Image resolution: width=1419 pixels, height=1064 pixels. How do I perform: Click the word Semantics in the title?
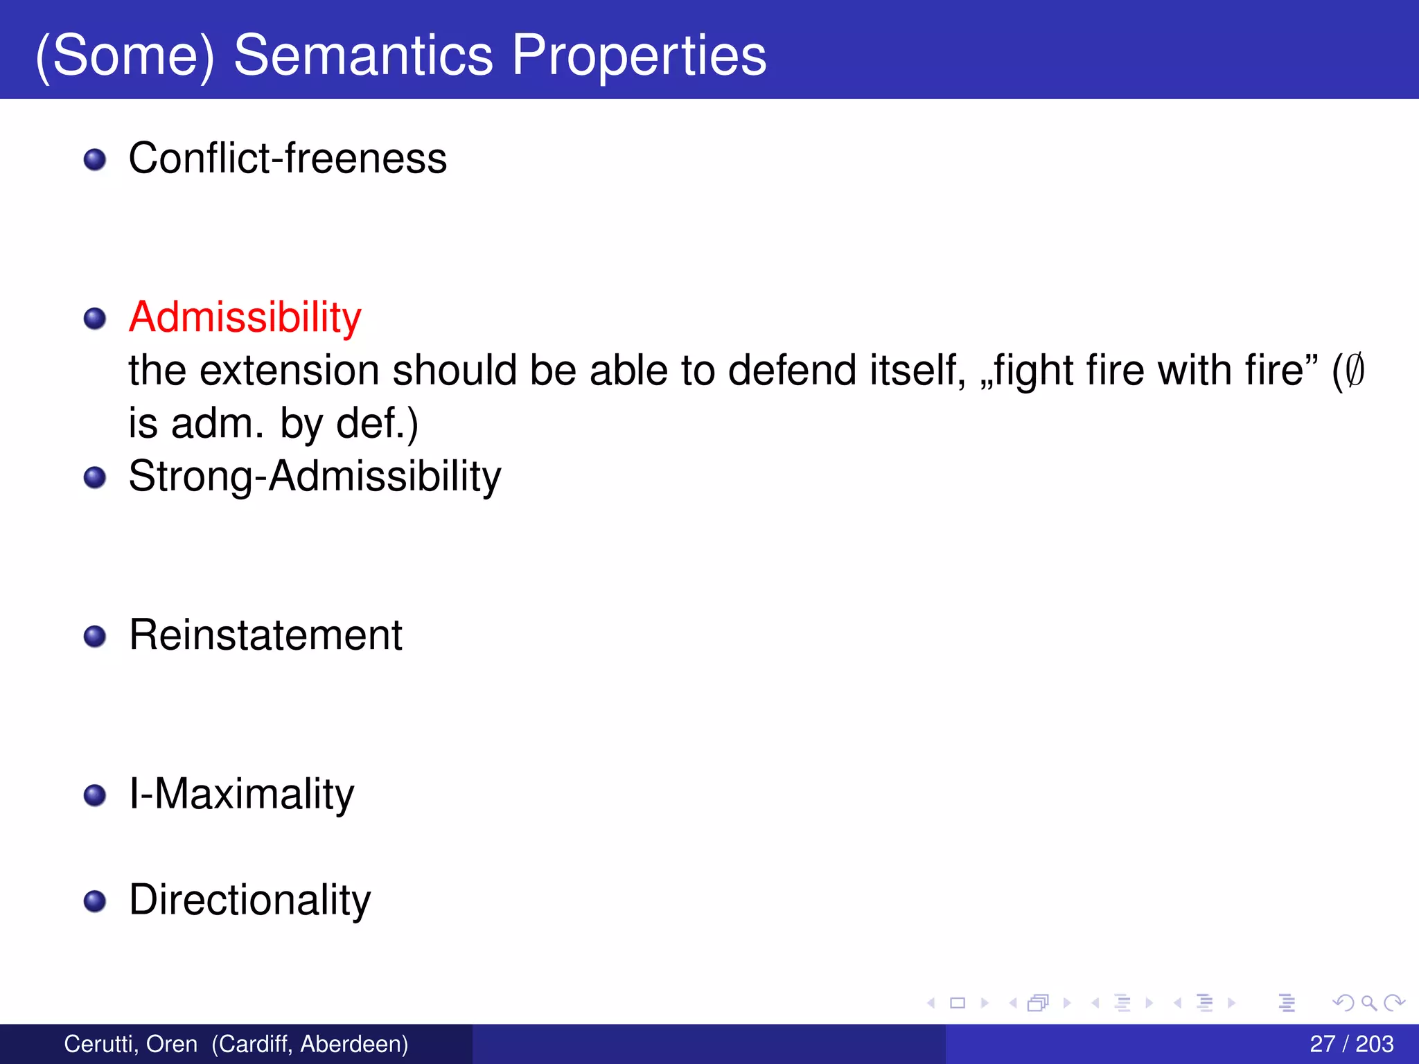tap(363, 55)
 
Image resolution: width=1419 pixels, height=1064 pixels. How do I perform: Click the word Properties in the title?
tap(639, 55)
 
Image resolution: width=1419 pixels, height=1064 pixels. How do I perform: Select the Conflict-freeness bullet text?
tap(288, 158)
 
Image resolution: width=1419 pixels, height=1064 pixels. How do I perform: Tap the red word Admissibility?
tap(245, 317)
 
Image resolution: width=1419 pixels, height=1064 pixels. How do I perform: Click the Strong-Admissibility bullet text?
tap(315, 477)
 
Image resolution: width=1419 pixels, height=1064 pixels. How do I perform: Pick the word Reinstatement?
tap(265, 635)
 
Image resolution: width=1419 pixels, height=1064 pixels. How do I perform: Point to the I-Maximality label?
tap(241, 794)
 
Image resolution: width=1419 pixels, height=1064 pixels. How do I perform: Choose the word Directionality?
tap(249, 900)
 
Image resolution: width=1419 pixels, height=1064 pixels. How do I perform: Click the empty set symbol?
tap(1355, 370)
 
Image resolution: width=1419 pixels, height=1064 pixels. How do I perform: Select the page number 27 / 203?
tap(1351, 1044)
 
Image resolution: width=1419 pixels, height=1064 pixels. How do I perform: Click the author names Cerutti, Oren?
tap(130, 1044)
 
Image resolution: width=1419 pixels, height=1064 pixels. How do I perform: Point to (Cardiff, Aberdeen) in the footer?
tap(310, 1044)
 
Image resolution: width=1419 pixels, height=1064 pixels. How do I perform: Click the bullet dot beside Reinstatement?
tap(95, 637)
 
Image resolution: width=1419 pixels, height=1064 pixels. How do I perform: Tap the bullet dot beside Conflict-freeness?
tap(95, 160)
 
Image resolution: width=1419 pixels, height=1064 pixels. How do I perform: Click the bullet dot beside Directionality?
tap(95, 901)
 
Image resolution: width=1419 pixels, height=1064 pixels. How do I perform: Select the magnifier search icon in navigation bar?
tap(1368, 1002)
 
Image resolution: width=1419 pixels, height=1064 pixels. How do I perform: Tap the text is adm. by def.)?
tap(273, 423)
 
